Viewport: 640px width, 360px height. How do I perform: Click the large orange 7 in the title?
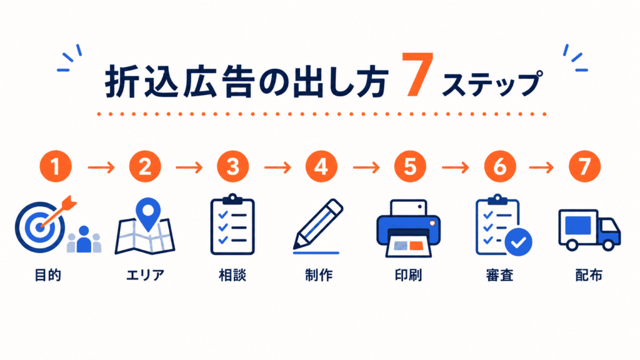(417, 75)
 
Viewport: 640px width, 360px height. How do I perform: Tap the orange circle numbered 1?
(56, 166)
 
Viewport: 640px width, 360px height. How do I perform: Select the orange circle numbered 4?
(321, 166)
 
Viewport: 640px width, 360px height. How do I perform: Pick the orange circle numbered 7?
(584, 166)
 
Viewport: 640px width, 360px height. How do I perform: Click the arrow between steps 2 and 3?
(189, 167)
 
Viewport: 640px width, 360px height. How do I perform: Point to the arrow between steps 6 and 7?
(541, 167)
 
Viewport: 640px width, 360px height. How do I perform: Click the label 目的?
(47, 275)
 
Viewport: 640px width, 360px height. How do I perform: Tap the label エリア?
(145, 275)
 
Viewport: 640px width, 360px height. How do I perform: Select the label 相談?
(232, 275)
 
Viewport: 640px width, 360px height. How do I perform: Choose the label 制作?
(319, 275)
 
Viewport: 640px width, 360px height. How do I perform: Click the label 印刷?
(408, 275)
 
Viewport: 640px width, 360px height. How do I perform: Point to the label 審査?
(499, 275)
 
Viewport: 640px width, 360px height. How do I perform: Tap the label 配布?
(589, 275)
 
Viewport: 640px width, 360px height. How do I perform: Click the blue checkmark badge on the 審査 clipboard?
(518, 242)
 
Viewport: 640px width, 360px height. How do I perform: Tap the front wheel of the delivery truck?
(608, 245)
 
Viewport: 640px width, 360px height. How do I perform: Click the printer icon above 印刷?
(408, 229)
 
